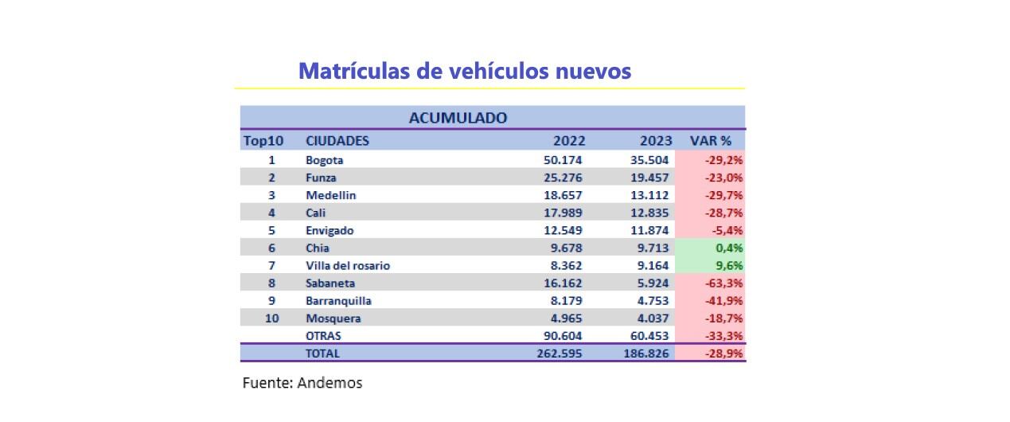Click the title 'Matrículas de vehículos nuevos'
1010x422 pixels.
pos(464,71)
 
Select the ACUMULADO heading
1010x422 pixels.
pos(458,118)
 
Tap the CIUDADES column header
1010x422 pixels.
pos(337,141)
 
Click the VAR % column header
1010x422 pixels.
pos(710,141)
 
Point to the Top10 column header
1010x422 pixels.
pos(263,141)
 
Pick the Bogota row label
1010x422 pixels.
pos(325,160)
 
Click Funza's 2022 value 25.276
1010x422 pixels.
pos(561,178)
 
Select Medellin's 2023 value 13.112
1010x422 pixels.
pos(649,195)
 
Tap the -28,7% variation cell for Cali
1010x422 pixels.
pos(723,213)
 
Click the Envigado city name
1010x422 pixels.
pos(330,230)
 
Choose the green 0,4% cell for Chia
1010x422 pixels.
pos(728,248)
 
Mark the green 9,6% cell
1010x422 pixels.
pos(728,265)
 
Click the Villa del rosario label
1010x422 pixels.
pos(348,265)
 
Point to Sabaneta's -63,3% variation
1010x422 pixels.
pos(723,283)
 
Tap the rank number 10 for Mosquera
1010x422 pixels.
pos(271,318)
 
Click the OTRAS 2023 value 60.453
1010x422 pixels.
pos(649,336)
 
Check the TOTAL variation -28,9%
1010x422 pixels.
pos(723,354)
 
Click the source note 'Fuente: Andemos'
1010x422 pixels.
pos(302,383)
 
